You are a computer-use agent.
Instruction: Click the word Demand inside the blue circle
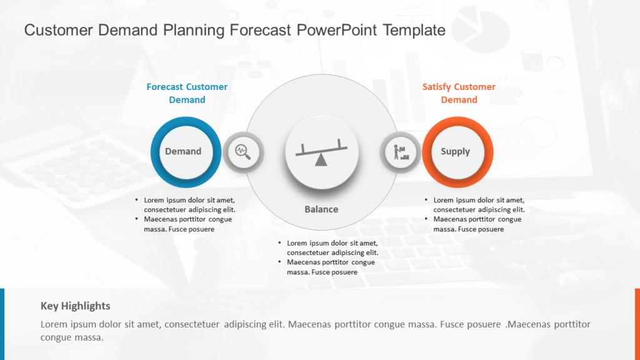coord(183,151)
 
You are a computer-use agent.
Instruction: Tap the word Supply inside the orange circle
coord(455,151)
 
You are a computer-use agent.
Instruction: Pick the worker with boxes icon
coord(401,152)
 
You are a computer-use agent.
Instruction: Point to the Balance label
coord(321,209)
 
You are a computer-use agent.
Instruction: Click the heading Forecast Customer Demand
coord(187,93)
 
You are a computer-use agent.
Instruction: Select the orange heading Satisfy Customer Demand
coord(459,93)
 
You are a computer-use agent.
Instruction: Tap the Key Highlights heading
coord(76,306)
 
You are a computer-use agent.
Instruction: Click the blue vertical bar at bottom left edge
coord(2,324)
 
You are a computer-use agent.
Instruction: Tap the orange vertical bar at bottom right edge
coord(637,324)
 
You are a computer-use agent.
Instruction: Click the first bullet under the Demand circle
coord(189,205)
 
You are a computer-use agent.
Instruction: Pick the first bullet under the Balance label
coord(332,247)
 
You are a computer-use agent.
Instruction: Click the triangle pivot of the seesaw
coord(321,161)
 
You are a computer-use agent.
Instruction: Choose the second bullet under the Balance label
coord(331,267)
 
